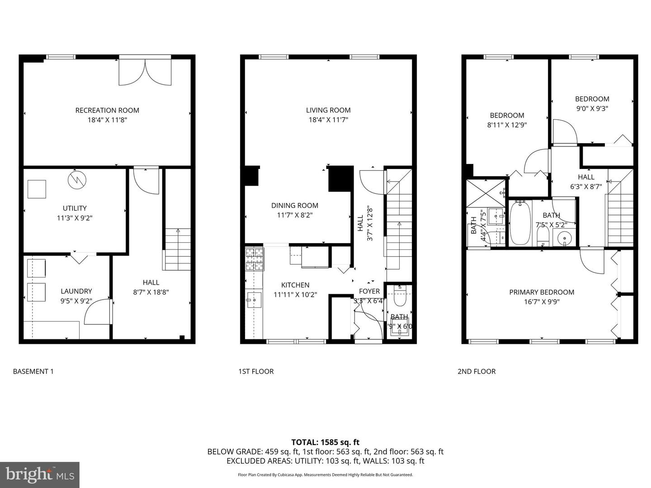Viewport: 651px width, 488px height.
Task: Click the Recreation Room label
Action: tap(107, 110)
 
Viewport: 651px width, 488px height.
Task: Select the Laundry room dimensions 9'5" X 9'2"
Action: tap(76, 301)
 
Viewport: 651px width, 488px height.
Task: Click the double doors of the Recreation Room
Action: tap(145, 71)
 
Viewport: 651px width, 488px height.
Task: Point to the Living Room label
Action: tap(328, 110)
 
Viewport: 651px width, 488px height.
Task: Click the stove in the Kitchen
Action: tap(254, 259)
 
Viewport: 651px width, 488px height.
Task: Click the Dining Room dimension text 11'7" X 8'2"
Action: tap(295, 215)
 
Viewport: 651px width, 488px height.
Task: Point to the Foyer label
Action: tap(369, 291)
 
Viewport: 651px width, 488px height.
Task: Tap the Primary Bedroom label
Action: tap(542, 292)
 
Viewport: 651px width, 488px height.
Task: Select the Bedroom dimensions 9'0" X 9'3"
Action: tap(592, 108)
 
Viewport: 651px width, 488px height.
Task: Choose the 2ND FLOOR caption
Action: tap(476, 371)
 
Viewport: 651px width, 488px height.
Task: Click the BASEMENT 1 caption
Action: tap(33, 371)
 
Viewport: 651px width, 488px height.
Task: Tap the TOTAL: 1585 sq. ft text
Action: tap(325, 442)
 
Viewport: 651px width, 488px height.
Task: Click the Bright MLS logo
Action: tap(40, 474)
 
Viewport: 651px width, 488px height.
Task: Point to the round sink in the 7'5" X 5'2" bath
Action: tap(564, 237)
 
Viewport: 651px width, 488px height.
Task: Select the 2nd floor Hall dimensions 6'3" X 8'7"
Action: tap(586, 186)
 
